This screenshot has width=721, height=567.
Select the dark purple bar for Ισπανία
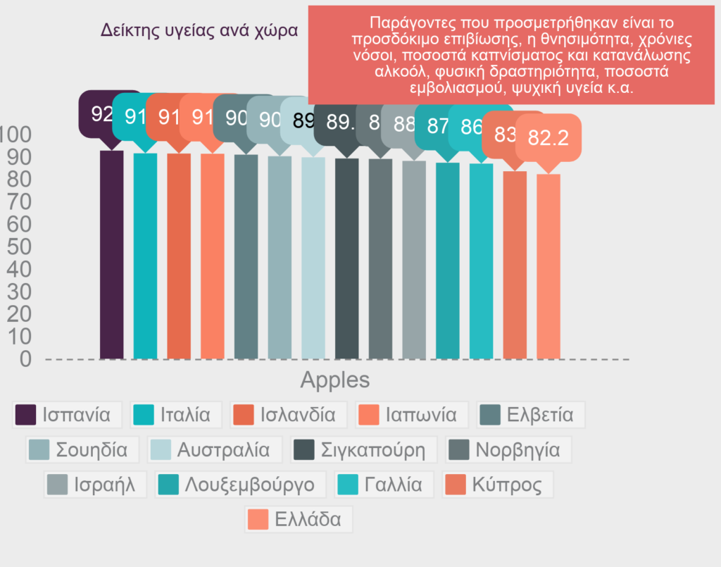111,254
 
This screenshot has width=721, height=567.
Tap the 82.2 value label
548,139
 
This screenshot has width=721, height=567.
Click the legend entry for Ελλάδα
299,520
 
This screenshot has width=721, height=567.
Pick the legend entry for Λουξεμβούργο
240,485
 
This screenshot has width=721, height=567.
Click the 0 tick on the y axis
25,359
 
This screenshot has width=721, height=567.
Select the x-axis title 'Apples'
334,380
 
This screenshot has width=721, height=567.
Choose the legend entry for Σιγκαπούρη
363,449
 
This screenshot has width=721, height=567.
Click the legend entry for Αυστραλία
215,449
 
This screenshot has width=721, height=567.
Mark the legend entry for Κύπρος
498,485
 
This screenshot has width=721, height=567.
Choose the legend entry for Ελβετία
531,414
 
